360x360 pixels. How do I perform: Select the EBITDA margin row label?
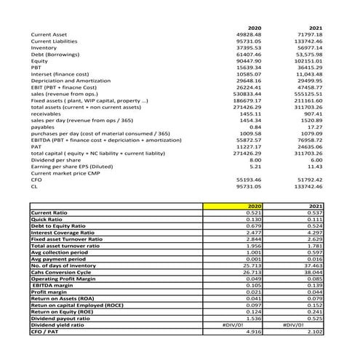[x=50, y=286]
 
